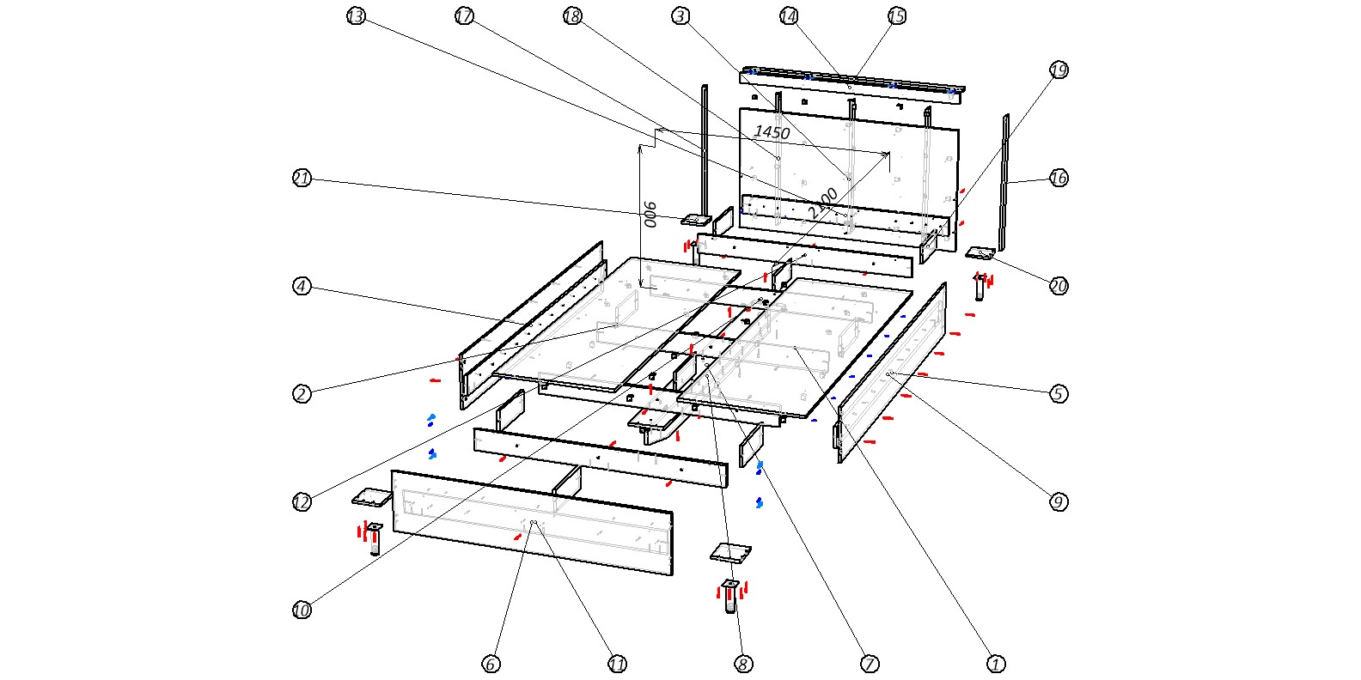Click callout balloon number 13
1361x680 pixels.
point(356,16)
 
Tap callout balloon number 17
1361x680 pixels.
point(465,16)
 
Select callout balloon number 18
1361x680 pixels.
point(573,16)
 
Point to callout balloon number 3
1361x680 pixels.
point(681,16)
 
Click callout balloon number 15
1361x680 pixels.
point(897,16)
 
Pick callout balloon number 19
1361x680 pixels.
point(1059,70)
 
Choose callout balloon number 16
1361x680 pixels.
point(1059,178)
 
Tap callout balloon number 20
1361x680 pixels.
point(1059,286)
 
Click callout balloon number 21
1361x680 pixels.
point(302,179)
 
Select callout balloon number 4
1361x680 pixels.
point(302,286)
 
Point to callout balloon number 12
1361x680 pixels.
point(302,502)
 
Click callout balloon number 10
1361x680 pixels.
point(302,610)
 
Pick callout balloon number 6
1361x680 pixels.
point(491,664)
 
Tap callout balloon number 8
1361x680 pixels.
point(744,664)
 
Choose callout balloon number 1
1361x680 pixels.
point(997,664)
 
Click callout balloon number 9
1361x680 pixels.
point(1059,502)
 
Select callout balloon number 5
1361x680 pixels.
point(1059,394)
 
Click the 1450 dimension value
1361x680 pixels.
point(772,132)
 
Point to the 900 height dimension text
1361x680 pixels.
point(651,215)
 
